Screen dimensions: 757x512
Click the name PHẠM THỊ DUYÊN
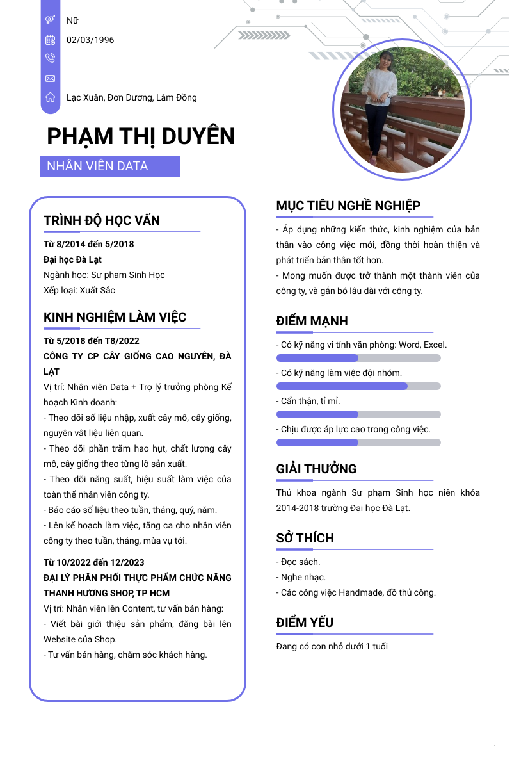141,136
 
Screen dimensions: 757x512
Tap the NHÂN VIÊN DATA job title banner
110,166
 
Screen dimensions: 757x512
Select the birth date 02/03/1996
90,40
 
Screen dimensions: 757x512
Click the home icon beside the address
51,97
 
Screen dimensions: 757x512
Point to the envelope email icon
51,78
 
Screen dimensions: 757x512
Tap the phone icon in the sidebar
51,58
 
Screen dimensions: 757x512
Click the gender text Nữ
72,20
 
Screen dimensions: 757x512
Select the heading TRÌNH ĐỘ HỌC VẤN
102,220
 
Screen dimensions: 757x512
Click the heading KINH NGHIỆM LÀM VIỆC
115,318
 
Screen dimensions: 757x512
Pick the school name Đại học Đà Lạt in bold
72,259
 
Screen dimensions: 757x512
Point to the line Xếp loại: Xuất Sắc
79,290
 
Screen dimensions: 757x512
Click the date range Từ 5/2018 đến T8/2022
92,341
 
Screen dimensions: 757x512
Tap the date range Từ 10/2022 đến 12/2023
94,562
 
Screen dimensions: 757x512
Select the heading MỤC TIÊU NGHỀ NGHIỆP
348,206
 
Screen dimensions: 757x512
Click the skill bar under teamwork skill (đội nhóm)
358,386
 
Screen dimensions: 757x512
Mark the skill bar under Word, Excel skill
358,358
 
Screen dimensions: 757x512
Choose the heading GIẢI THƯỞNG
316,469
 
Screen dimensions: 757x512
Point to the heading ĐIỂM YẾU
305,623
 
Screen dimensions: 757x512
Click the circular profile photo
403,107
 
